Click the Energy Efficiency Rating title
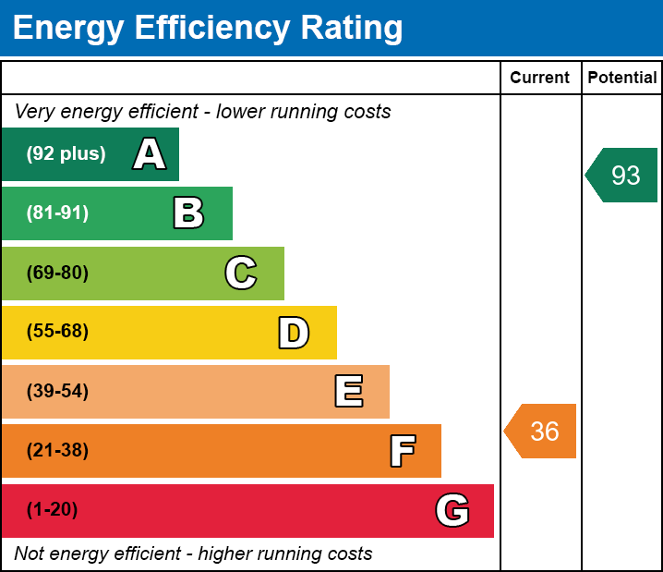pyautogui.click(x=208, y=28)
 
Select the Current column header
pyautogui.click(x=540, y=78)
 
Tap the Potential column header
pyautogui.click(x=622, y=78)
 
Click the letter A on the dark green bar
pyautogui.click(x=150, y=153)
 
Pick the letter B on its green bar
pyautogui.click(x=188, y=213)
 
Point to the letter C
pyautogui.click(x=240, y=273)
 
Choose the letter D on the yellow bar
pyautogui.click(x=294, y=333)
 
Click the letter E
pyautogui.click(x=348, y=392)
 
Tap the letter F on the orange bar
pyautogui.click(x=402, y=451)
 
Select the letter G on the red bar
pyautogui.click(x=452, y=510)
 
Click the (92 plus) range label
pyautogui.click(x=66, y=153)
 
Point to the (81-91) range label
pyautogui.click(x=57, y=213)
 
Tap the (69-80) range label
pyautogui.click(x=57, y=273)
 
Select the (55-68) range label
pyautogui.click(x=57, y=332)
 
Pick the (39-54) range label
pyautogui.click(x=57, y=391)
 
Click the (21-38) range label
pyautogui.click(x=57, y=451)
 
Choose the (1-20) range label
pyautogui.click(x=52, y=510)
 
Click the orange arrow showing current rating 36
pyautogui.click(x=542, y=431)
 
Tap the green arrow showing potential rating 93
pyautogui.click(x=622, y=175)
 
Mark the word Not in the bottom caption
pyautogui.click(x=30, y=554)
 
